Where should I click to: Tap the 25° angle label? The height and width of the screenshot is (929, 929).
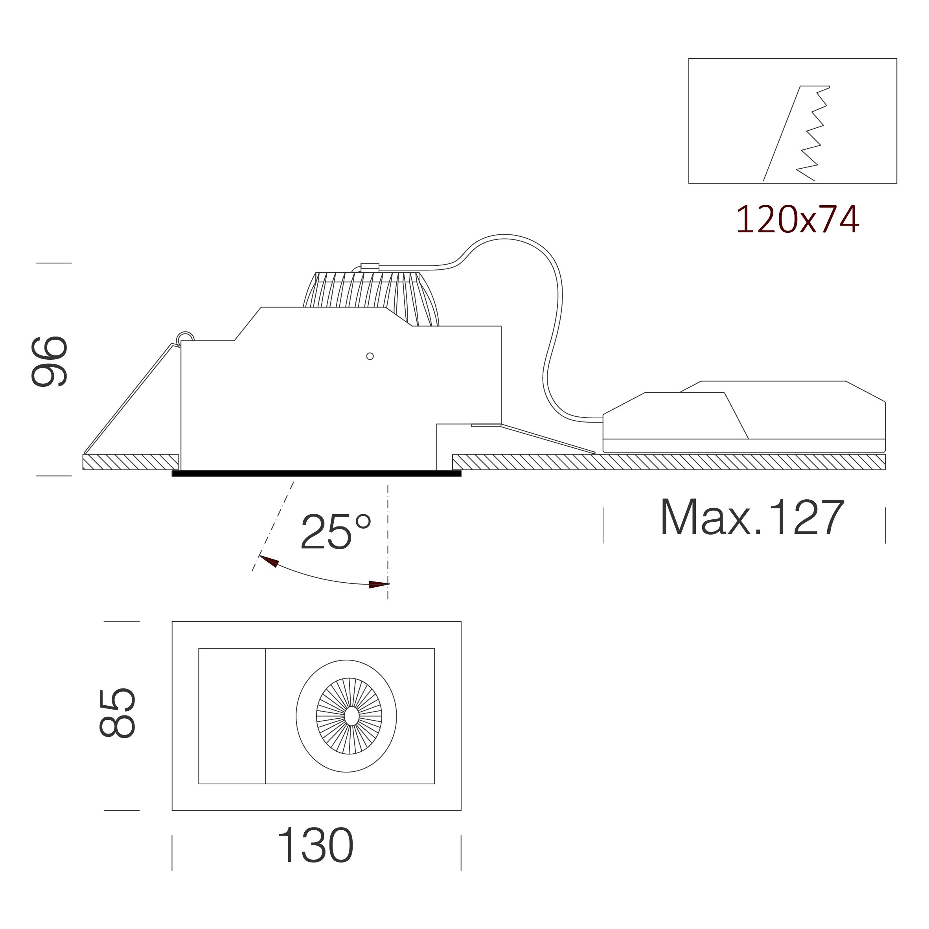(336, 532)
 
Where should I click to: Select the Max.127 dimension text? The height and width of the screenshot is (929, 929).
(752, 517)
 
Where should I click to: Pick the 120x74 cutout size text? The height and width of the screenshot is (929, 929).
(797, 220)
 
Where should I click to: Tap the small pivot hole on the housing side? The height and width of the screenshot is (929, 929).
(370, 356)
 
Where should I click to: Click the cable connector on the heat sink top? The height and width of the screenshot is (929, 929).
(370, 267)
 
